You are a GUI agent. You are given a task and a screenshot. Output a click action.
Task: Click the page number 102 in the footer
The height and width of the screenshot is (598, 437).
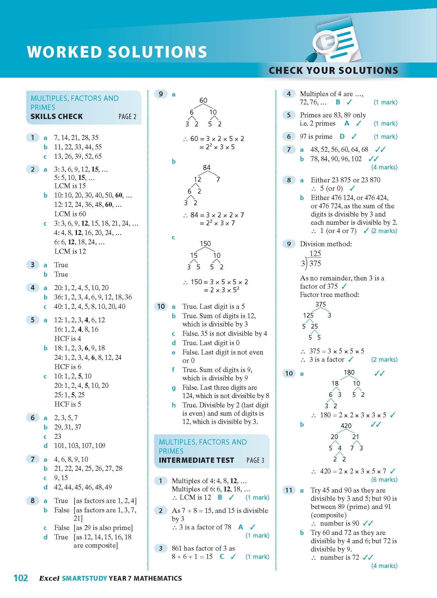tap(21, 578)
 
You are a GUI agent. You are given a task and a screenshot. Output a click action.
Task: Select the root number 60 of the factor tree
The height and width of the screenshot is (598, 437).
tap(203, 100)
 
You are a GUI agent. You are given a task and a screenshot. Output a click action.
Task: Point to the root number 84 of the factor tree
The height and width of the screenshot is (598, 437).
tap(207, 167)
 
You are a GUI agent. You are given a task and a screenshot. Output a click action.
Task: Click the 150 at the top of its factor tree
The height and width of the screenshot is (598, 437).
tap(205, 243)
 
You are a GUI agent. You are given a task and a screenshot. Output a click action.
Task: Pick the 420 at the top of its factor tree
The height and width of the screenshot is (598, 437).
tap(346, 426)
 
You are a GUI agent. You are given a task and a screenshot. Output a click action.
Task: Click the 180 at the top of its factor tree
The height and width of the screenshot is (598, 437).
tap(349, 372)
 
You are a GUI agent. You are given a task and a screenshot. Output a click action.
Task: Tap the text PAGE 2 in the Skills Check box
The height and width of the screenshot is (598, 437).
tap(127, 117)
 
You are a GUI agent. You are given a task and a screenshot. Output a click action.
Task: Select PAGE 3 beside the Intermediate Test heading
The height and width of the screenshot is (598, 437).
tap(255, 460)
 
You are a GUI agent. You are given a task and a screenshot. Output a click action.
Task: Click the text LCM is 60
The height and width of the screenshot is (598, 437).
tap(70, 214)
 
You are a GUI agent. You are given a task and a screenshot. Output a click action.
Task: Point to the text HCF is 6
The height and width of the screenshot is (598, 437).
tap(68, 367)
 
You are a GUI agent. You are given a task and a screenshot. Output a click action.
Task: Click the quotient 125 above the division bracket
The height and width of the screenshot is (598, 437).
tap(315, 253)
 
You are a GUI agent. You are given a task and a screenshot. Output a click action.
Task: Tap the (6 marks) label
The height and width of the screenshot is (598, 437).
tap(384, 480)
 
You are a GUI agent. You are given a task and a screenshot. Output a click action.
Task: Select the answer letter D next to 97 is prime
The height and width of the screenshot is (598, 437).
tap(342, 136)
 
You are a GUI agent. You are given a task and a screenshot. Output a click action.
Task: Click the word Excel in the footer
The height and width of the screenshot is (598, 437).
tap(49, 578)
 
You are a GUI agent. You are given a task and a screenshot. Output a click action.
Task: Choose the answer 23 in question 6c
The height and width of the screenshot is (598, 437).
tap(58, 436)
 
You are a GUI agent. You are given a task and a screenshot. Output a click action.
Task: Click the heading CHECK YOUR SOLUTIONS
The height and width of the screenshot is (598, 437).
tap(333, 71)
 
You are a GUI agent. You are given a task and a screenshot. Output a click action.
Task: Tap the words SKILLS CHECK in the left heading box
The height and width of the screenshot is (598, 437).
tap(57, 117)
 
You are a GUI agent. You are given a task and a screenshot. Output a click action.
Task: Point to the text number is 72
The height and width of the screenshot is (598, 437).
tap(340, 557)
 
